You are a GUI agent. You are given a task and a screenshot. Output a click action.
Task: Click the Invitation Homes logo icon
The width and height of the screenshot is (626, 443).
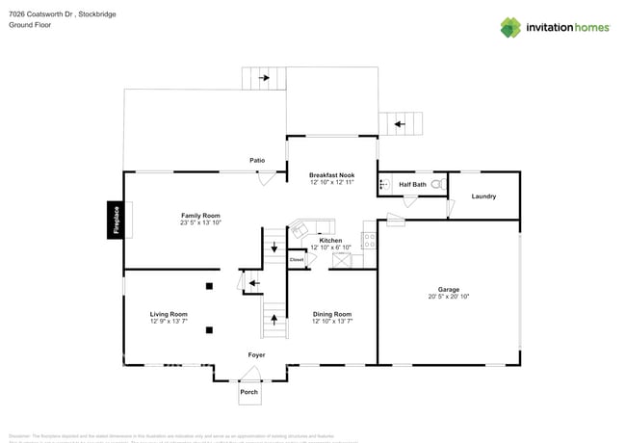pyautogui.click(x=510, y=27)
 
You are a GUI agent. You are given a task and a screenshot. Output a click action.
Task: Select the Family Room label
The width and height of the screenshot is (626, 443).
pyautogui.click(x=200, y=215)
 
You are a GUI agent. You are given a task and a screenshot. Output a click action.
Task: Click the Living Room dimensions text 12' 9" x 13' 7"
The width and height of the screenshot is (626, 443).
pyautogui.click(x=169, y=321)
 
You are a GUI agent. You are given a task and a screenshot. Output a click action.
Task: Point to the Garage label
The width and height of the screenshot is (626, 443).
pyautogui.click(x=449, y=289)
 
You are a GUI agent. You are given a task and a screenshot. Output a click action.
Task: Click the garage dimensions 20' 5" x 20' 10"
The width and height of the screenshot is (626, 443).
pyautogui.click(x=449, y=297)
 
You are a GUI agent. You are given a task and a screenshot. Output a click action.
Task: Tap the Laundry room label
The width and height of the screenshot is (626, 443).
pyautogui.click(x=483, y=196)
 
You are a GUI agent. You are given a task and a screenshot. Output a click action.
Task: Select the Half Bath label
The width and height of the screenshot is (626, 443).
pyautogui.click(x=410, y=183)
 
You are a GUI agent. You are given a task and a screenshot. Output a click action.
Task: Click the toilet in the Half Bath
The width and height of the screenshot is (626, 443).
pyautogui.click(x=436, y=183)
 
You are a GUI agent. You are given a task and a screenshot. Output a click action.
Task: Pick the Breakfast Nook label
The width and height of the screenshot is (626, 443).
pyautogui.click(x=331, y=174)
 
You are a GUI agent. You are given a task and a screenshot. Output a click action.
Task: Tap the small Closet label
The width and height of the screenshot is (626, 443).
pyautogui.click(x=297, y=259)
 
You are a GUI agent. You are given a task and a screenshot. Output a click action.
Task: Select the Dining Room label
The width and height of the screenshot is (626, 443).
pyautogui.click(x=332, y=314)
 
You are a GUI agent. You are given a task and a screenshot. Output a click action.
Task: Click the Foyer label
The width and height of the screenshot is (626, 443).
pyautogui.click(x=256, y=355)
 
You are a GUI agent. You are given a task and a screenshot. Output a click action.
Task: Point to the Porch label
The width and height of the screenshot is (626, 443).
pyautogui.click(x=249, y=392)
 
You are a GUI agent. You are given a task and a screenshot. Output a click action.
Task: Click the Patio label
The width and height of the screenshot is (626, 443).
pyautogui.click(x=257, y=160)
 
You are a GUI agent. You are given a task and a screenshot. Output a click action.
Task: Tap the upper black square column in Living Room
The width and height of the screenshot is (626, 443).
pyautogui.click(x=209, y=285)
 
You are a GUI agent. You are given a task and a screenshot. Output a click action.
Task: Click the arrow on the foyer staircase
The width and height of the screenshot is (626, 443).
pyautogui.click(x=274, y=317)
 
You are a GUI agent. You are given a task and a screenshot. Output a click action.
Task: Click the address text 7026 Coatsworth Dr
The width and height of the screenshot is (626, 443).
pyautogui.click(x=43, y=13)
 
